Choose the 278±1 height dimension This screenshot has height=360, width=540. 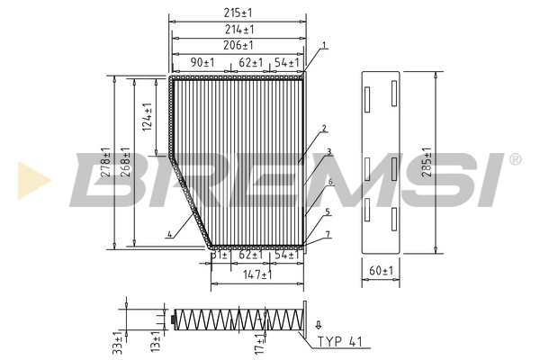coord(105,163)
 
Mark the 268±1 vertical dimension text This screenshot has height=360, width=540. coord(126,163)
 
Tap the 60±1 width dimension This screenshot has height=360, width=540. coord(381,270)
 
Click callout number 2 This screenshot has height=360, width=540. coord(322,129)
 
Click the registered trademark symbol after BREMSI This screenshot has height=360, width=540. coord(515,159)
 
